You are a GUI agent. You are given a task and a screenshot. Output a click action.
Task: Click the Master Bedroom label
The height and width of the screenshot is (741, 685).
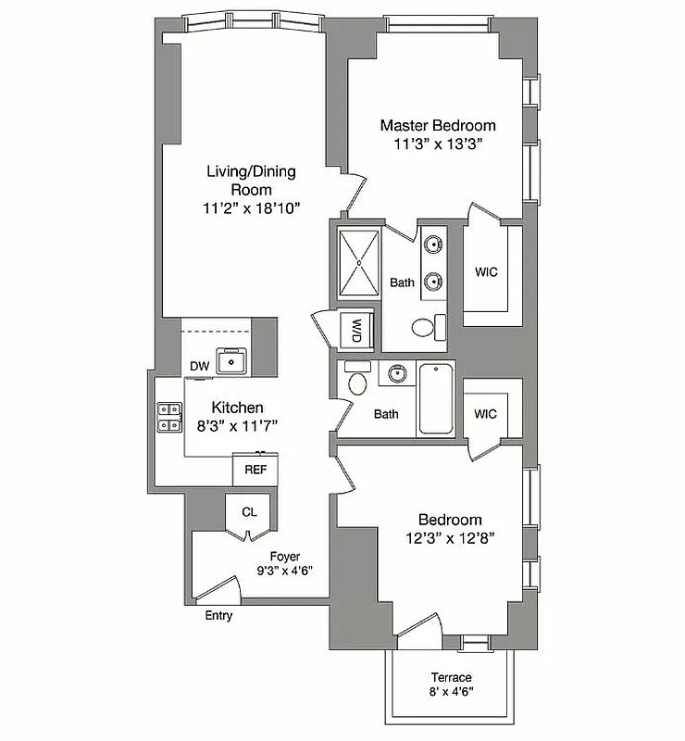(x=438, y=125)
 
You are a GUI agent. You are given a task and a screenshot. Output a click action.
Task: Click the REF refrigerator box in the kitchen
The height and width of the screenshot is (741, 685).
(x=255, y=470)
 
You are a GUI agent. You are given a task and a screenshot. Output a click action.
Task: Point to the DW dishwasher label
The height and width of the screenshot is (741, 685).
(x=199, y=367)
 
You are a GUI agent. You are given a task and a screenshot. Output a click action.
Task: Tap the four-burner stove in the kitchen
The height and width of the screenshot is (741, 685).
(x=169, y=417)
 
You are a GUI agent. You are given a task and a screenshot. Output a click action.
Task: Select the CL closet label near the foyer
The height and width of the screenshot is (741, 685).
(x=249, y=511)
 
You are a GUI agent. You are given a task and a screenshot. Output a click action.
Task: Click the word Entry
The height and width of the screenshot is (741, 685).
(x=218, y=616)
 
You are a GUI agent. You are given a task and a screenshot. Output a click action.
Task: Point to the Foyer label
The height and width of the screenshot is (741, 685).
(x=285, y=556)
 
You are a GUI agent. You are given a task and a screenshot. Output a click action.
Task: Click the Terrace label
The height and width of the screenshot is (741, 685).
(x=451, y=678)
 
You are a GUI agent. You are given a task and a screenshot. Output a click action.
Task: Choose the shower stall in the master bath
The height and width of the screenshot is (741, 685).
(x=357, y=262)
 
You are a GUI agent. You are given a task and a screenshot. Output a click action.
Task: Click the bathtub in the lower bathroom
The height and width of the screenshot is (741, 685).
(x=437, y=399)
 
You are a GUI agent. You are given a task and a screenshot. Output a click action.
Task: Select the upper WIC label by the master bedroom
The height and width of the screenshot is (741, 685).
(x=486, y=272)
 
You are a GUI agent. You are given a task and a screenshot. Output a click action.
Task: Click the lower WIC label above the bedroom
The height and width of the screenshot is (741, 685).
(x=484, y=414)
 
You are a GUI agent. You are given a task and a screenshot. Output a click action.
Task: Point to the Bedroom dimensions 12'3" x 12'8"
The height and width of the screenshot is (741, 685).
(x=450, y=538)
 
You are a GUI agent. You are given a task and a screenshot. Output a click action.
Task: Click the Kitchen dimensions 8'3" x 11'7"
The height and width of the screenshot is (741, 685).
(x=238, y=425)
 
